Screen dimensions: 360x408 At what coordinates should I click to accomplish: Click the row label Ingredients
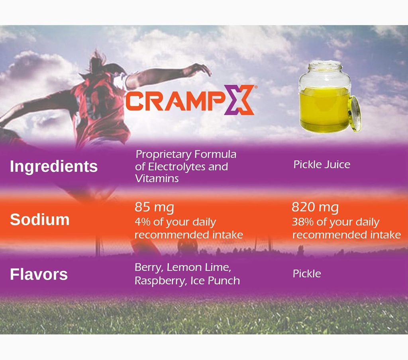click(53, 166)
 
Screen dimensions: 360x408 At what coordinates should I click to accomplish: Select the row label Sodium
click(39, 219)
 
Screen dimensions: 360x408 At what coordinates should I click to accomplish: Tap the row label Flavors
click(39, 274)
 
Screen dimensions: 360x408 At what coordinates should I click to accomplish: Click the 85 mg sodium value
click(154, 207)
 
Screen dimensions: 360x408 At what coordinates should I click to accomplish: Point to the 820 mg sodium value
click(315, 207)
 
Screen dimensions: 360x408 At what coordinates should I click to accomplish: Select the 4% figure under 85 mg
click(141, 222)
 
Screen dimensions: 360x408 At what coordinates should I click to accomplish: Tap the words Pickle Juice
click(322, 164)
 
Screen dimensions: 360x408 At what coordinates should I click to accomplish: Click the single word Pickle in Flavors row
click(307, 274)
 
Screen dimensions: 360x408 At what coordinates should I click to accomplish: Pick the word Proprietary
click(163, 155)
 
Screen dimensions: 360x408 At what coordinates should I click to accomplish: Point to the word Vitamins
click(157, 178)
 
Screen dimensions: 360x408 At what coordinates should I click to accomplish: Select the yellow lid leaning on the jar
click(354, 113)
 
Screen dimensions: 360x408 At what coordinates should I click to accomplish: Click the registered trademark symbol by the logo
click(255, 86)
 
